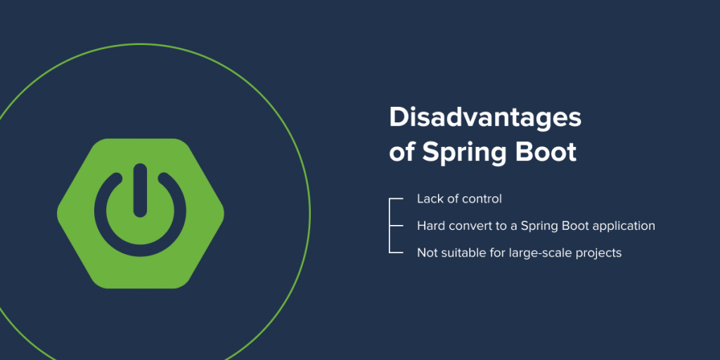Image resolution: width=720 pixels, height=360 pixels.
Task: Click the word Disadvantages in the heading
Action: (x=485, y=118)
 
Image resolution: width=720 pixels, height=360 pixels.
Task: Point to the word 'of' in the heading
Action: (x=402, y=152)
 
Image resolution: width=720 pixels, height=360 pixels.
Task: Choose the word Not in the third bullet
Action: (x=425, y=252)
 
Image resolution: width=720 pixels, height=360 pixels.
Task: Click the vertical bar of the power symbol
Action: (x=140, y=190)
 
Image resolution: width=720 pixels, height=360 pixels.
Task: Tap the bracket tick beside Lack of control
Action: (x=397, y=199)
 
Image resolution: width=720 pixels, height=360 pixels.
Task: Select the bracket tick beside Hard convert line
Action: (x=397, y=226)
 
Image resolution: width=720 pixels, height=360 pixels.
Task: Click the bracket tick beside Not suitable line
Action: (x=397, y=252)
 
